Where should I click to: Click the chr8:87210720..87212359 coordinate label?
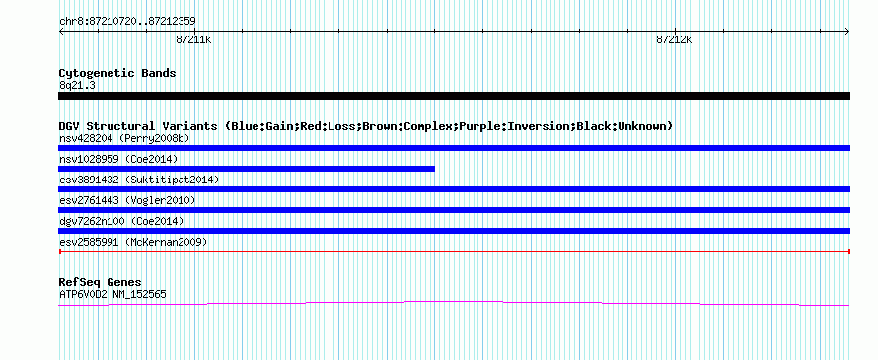pyautogui.click(x=127, y=21)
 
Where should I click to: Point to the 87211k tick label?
pyautogui.click(x=193, y=39)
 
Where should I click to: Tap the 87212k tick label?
pyautogui.click(x=674, y=39)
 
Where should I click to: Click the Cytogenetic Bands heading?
pyautogui.click(x=117, y=73)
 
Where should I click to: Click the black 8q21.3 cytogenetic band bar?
pyautogui.click(x=454, y=96)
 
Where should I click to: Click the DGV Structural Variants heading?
pyautogui.click(x=366, y=126)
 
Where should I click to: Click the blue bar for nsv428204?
pyautogui.click(x=454, y=148)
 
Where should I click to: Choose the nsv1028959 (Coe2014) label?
pyautogui.click(x=118, y=159)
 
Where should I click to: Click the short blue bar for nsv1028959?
pyautogui.click(x=247, y=169)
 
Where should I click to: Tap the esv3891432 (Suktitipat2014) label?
pyautogui.click(x=139, y=180)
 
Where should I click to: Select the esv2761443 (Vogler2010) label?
pyautogui.click(x=127, y=200)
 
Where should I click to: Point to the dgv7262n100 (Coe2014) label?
pyautogui.click(x=121, y=221)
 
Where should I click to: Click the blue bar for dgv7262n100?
pyautogui.click(x=454, y=231)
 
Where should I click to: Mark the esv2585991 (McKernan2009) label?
pyautogui.click(x=133, y=242)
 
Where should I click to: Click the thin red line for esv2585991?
pyautogui.click(x=454, y=252)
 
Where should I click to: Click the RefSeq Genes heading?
pyautogui.click(x=101, y=282)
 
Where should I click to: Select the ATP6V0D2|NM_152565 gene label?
pyautogui.click(x=112, y=294)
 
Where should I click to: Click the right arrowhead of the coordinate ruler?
pyautogui.click(x=847, y=31)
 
